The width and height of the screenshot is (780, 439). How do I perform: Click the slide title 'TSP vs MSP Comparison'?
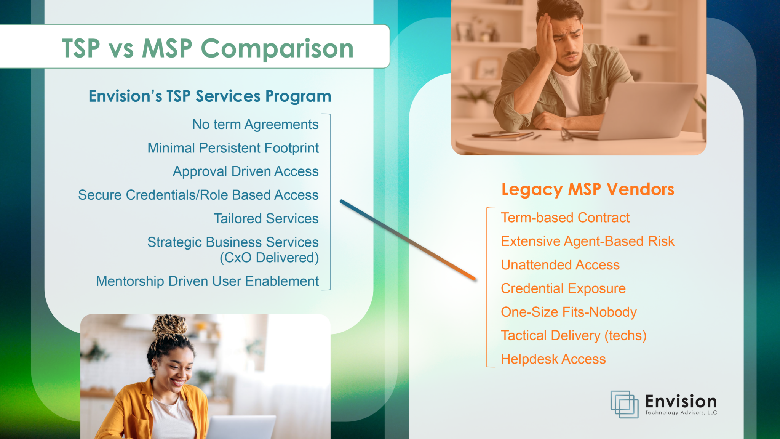pyautogui.click(x=208, y=48)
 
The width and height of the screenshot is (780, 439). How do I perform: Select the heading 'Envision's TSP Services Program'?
pyautogui.click(x=210, y=96)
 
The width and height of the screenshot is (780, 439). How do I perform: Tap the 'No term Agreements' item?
pyautogui.click(x=255, y=125)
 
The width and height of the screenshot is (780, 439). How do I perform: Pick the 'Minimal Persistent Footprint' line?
pyautogui.click(x=233, y=148)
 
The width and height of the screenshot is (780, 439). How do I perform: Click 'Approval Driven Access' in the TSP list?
pyautogui.click(x=246, y=171)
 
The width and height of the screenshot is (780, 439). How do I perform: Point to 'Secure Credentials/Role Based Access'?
pyautogui.click(x=198, y=195)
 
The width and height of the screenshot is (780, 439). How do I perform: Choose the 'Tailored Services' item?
pyautogui.click(x=266, y=218)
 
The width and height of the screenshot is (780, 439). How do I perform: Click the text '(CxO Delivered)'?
pyautogui.click(x=269, y=258)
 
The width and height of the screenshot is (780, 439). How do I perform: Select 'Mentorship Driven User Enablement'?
pyautogui.click(x=208, y=281)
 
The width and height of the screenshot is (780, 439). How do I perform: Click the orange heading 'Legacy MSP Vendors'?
pyautogui.click(x=588, y=189)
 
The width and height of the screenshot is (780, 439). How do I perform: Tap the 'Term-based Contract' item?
pyautogui.click(x=565, y=218)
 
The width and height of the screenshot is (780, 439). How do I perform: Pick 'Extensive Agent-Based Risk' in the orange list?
pyautogui.click(x=588, y=241)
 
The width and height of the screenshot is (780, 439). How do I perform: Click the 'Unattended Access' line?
pyautogui.click(x=560, y=265)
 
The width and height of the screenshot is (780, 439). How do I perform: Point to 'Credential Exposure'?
pyautogui.click(x=563, y=288)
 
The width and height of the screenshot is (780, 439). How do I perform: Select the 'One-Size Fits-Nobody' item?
pyautogui.click(x=569, y=312)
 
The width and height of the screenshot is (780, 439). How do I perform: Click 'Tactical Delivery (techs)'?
pyautogui.click(x=574, y=336)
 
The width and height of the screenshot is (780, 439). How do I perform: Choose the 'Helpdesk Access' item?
pyautogui.click(x=553, y=359)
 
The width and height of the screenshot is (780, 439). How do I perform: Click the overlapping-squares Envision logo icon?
pyautogui.click(x=625, y=404)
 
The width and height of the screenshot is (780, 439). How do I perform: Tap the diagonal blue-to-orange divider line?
pyautogui.click(x=408, y=240)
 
